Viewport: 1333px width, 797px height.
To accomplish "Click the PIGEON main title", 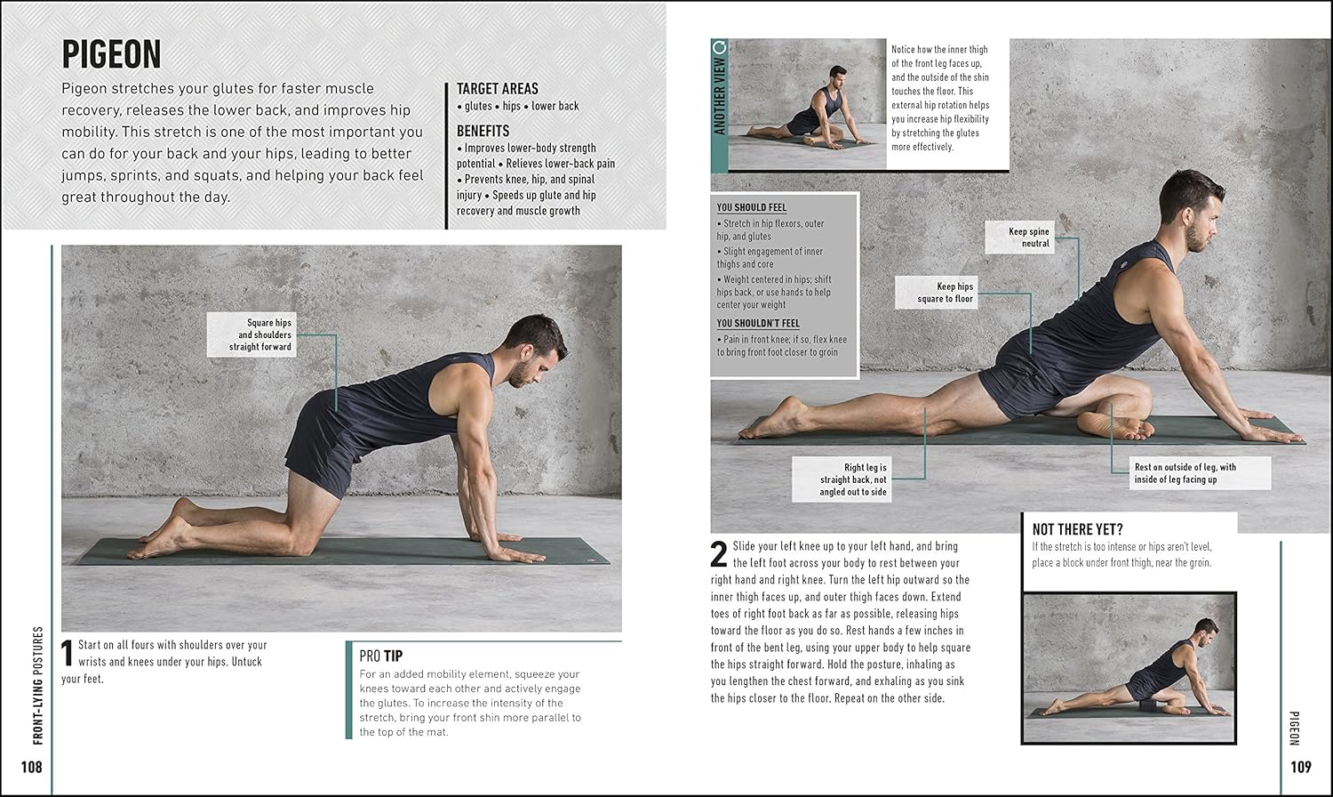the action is [x=111, y=54].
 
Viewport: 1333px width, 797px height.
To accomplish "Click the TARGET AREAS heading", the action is [x=498, y=89].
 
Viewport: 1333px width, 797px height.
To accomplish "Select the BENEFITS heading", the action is [x=483, y=131].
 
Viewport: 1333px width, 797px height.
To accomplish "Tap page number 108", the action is [x=31, y=767].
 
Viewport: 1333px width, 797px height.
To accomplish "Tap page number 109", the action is [x=1301, y=767].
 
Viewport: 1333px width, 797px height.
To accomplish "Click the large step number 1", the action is [x=68, y=653].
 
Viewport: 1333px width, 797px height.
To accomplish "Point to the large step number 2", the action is [x=719, y=554].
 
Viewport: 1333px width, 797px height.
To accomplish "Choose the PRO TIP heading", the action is [x=381, y=656].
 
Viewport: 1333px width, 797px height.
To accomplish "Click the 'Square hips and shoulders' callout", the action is [x=251, y=334].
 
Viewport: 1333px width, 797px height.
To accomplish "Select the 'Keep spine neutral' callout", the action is [x=1019, y=237].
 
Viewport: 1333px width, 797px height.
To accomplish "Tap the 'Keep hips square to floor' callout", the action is [x=936, y=293].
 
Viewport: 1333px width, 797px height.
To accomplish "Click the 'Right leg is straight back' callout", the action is [x=842, y=479].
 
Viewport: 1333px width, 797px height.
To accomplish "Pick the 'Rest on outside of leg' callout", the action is [x=1200, y=473].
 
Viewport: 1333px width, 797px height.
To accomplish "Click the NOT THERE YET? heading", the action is [x=1078, y=529].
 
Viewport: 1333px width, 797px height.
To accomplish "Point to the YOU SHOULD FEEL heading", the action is [x=752, y=207].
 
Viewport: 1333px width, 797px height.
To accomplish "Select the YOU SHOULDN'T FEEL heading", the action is [x=758, y=323].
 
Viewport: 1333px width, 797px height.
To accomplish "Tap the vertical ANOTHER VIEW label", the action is [x=720, y=89].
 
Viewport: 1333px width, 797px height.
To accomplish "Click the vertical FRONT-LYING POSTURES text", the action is [x=38, y=685].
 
